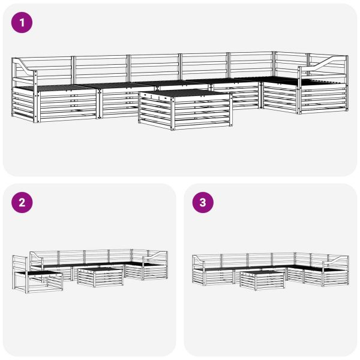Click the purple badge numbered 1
22,23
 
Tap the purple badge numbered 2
22,203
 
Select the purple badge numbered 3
202,203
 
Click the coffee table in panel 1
185,109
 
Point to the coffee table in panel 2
100,277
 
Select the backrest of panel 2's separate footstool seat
20,263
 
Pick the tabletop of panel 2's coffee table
100,271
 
